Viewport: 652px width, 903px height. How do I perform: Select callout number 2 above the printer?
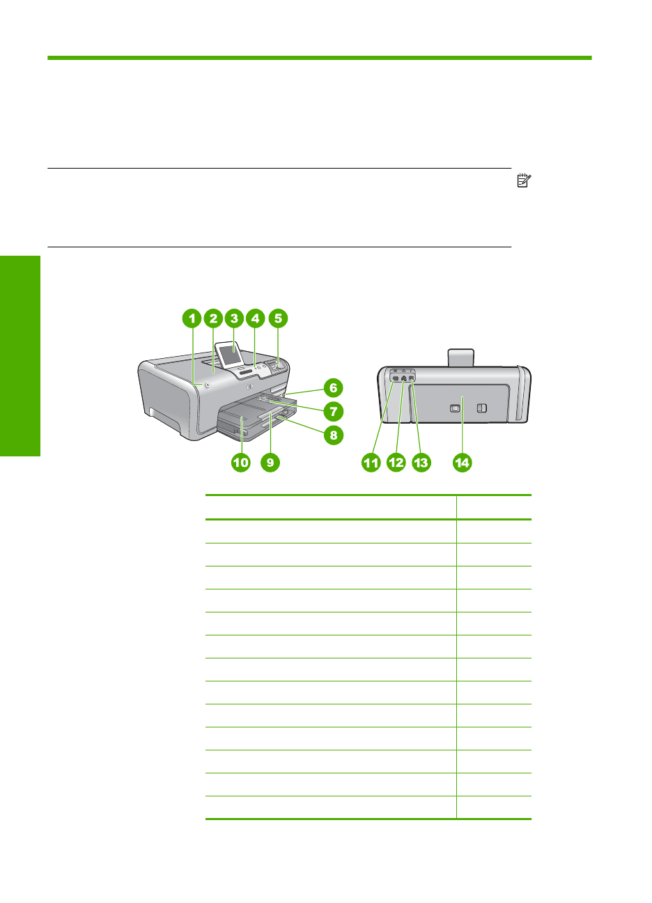[x=213, y=319]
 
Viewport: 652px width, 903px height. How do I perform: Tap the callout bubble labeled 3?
[x=234, y=319]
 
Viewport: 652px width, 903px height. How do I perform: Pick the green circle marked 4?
[x=256, y=319]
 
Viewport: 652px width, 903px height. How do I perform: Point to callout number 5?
[x=277, y=319]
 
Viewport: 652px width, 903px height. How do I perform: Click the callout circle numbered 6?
[x=333, y=388]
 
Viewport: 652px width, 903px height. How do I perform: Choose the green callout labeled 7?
[x=333, y=411]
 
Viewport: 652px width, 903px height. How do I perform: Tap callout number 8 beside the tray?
[x=333, y=435]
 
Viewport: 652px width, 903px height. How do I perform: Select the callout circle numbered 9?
[x=270, y=462]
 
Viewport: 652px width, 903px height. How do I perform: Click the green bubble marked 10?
[x=240, y=462]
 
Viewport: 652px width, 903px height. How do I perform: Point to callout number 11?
[x=371, y=462]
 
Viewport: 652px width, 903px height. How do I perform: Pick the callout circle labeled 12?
[x=396, y=462]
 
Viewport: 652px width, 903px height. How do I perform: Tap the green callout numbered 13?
[x=421, y=462]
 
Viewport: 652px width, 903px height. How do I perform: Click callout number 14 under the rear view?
[x=463, y=462]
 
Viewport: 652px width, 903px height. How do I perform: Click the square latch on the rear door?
[x=455, y=408]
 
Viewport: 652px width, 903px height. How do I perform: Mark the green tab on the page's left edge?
[x=20, y=355]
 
